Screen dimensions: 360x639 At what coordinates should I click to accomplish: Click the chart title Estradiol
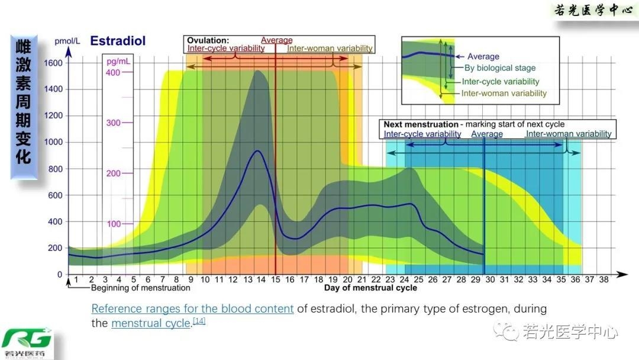pos(118,41)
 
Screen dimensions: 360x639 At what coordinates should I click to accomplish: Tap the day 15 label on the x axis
pos(276,279)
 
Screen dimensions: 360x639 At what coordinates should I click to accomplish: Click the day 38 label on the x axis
pos(603,279)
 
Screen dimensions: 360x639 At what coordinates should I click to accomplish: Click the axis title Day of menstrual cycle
pos(370,288)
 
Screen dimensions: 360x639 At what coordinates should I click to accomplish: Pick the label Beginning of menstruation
pos(140,288)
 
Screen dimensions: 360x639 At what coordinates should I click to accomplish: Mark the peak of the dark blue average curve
pos(257,151)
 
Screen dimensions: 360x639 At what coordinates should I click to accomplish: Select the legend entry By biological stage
pos(500,69)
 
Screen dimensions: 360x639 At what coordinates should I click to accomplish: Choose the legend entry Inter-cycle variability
pos(501,82)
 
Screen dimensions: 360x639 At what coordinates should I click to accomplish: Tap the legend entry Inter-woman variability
pos(504,94)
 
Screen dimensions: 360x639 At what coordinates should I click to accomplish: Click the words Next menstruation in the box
pos(421,124)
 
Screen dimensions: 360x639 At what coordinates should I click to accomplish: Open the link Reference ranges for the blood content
pos(192,308)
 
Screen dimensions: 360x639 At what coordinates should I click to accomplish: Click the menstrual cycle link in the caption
pos(150,323)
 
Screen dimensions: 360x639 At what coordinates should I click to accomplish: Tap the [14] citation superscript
pos(199,321)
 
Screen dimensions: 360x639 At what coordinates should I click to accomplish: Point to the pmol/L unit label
pos(67,41)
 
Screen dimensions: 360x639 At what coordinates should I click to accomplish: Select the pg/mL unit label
pos(118,61)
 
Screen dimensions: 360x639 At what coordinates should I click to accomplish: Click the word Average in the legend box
pos(483,57)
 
